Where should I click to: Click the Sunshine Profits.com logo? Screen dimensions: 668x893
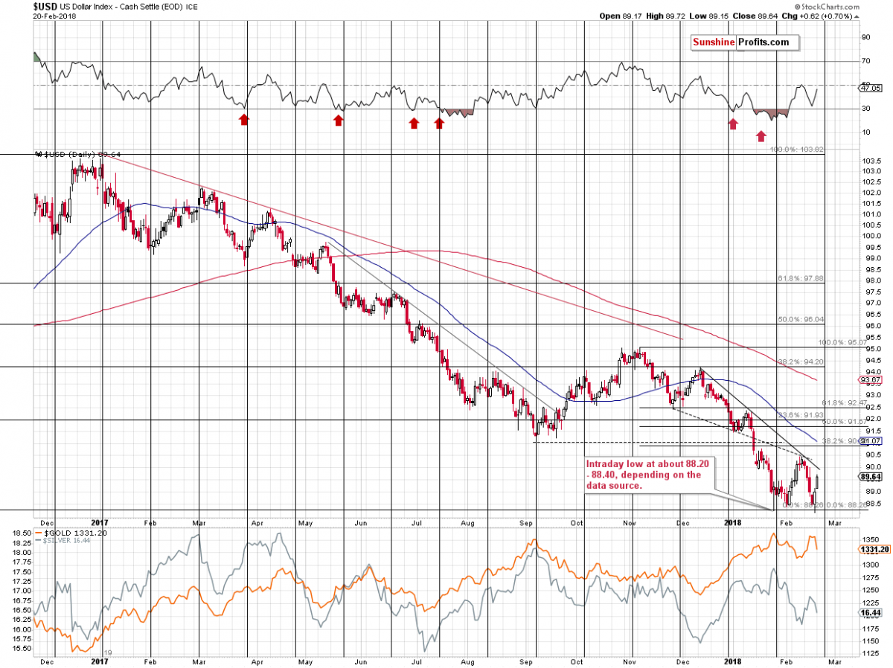pos(740,42)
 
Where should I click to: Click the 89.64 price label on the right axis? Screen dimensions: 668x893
pos(870,477)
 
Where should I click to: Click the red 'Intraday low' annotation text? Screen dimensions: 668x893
pos(642,475)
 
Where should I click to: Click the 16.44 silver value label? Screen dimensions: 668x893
pos(869,611)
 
